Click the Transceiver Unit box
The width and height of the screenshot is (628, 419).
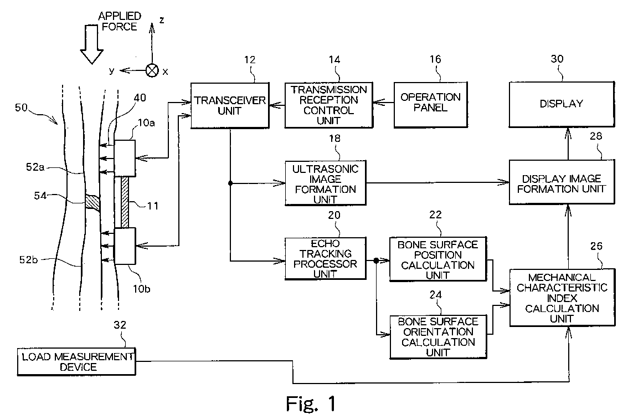point(229,105)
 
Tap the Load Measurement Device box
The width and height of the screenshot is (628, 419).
point(75,361)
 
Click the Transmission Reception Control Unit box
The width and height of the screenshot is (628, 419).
point(326,105)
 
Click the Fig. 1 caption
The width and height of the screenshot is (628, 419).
point(311,403)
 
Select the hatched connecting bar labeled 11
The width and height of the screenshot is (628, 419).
point(125,202)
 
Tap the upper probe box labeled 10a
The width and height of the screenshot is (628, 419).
point(125,158)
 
